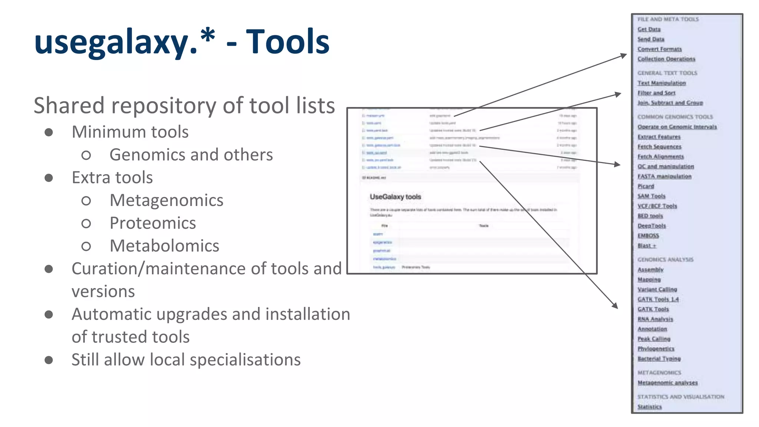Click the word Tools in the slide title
[288, 42]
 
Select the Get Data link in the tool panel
[649, 29]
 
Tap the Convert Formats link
[659, 49]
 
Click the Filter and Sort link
[656, 93]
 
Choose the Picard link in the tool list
[646, 186]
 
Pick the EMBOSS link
[648, 235]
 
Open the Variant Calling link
[657, 289]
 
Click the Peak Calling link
[654, 339]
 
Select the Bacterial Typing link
[659, 358]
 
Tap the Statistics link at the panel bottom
[649, 407]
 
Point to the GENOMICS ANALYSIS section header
[665, 259]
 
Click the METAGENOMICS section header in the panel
[659, 373]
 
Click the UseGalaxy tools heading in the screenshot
[395, 197]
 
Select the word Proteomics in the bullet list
[153, 223]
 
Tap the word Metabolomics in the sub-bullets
[165, 246]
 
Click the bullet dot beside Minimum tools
[49, 132]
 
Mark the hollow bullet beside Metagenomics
[86, 201]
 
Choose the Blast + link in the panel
[647, 245]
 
